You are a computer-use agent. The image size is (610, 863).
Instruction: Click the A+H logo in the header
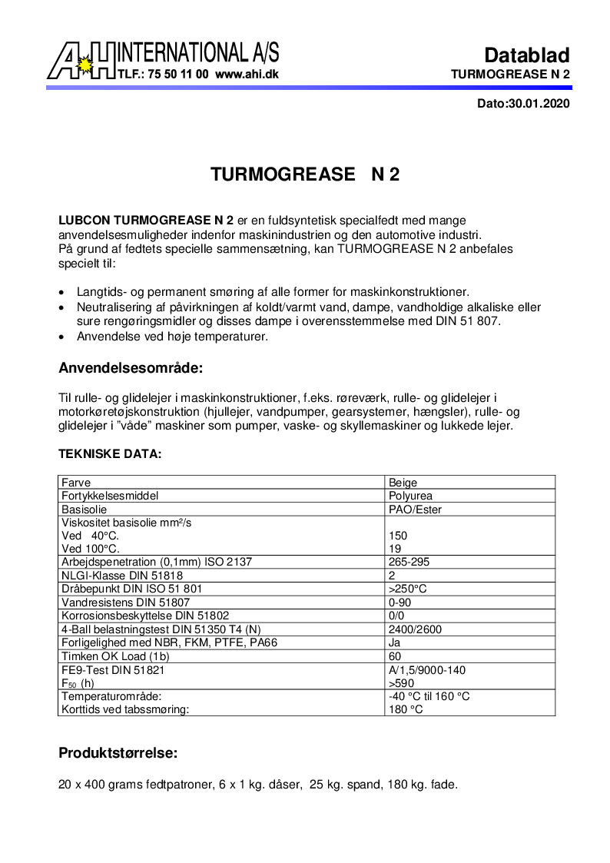coord(81,61)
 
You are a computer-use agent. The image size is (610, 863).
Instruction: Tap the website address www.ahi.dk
coord(247,75)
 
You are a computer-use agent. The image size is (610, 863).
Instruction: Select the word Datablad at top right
coord(526,55)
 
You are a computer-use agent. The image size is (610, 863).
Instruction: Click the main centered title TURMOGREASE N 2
coord(305,174)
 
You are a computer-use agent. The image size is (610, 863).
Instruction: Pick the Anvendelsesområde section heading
coord(131,368)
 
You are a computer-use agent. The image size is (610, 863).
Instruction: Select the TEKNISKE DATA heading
coord(110,454)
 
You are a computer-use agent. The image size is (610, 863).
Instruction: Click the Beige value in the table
coord(403,483)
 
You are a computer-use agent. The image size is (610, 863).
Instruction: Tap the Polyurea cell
coord(410,496)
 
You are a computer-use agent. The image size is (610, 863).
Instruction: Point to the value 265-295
coord(409,562)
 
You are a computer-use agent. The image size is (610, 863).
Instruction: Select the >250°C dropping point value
coord(408,589)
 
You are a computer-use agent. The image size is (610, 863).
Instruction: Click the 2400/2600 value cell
coord(416,629)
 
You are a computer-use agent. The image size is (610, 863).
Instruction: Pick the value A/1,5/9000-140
coord(427,670)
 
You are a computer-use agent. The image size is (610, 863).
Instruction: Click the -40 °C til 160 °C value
coord(429,696)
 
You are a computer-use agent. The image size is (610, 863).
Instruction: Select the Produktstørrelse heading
coord(118,753)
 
